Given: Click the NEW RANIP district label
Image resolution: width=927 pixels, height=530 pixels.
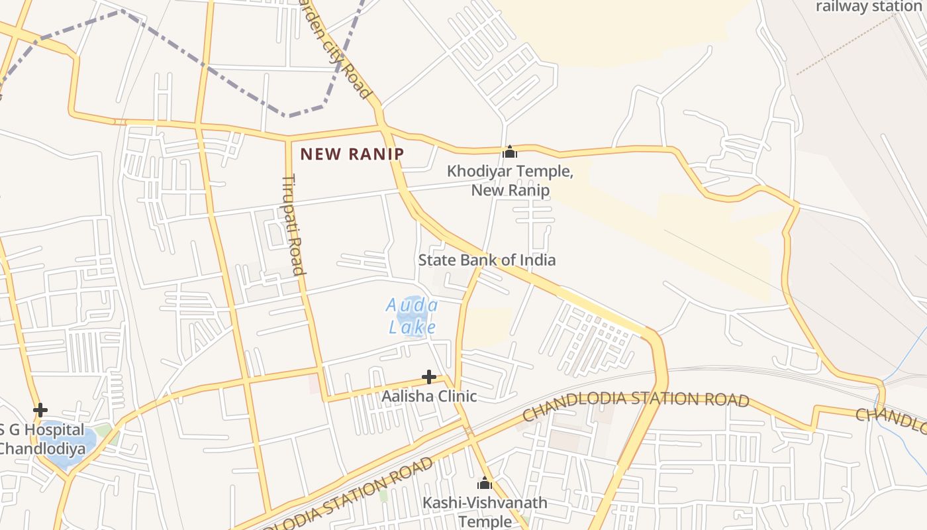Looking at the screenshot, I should click(352, 154).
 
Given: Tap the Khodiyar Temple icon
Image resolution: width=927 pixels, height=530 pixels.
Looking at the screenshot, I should click(509, 152).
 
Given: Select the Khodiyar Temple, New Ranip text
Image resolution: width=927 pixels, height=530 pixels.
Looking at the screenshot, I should click(510, 180).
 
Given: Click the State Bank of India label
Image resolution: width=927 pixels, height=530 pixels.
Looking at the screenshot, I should click(487, 260).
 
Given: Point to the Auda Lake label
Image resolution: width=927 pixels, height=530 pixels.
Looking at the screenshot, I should click(412, 316).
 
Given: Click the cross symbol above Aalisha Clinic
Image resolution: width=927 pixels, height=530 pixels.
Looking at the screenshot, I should click(429, 377).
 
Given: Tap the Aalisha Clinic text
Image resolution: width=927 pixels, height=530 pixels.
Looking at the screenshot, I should click(429, 396).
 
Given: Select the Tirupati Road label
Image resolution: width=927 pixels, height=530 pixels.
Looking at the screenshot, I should click(293, 224).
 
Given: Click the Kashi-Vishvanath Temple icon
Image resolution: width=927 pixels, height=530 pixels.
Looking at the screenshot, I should click(485, 483).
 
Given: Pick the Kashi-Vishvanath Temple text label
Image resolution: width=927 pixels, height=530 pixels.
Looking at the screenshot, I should click(485, 511).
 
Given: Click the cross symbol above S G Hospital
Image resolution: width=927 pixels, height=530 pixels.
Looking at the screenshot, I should click(40, 410).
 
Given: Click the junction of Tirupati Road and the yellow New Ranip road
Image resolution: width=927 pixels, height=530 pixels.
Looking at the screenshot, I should click(288, 139).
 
